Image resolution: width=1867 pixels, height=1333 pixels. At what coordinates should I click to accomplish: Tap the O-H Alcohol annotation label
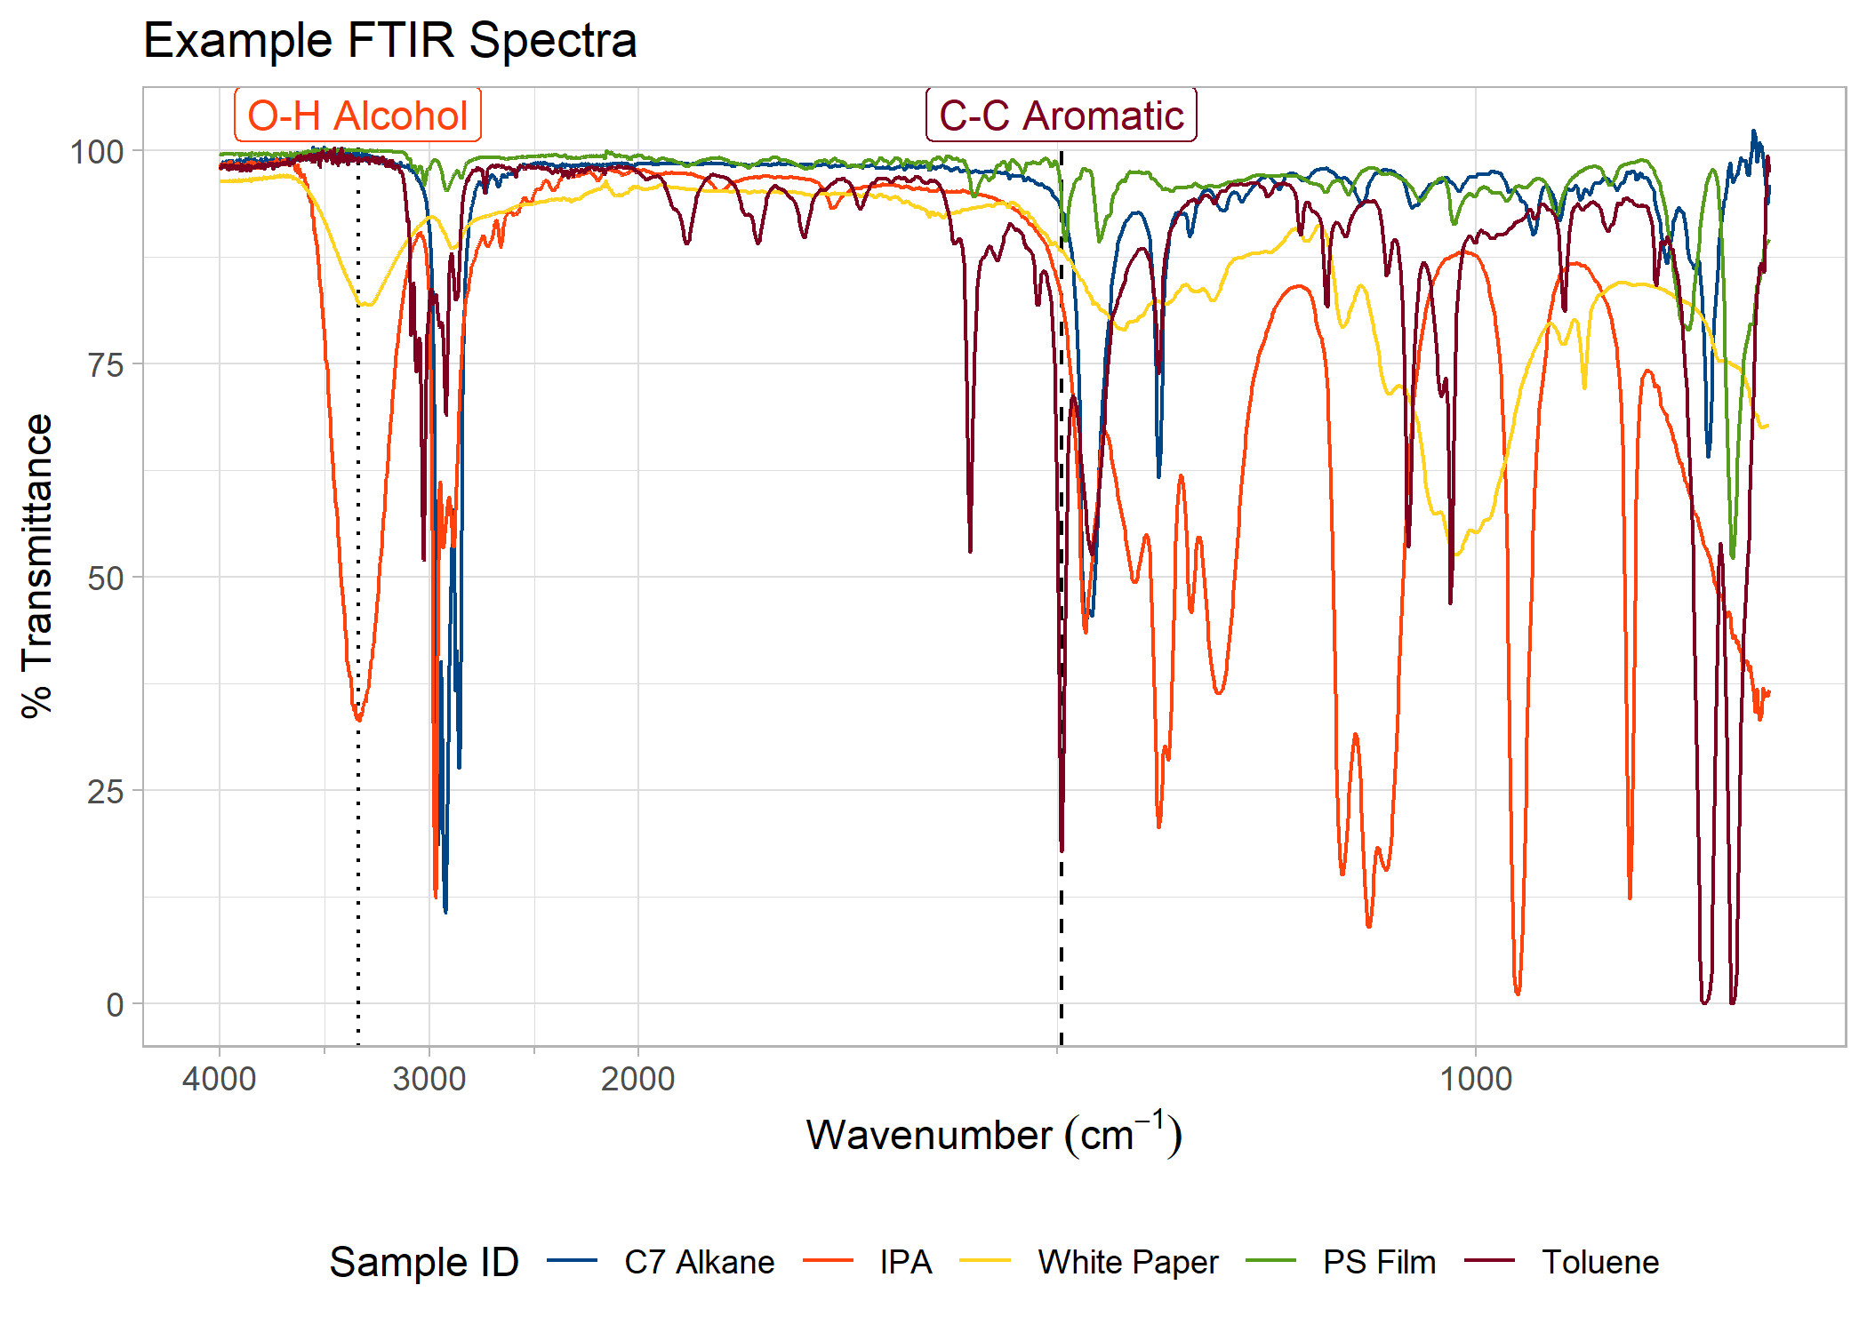(357, 116)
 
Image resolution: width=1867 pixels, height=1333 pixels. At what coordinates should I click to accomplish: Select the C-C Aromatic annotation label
(1061, 116)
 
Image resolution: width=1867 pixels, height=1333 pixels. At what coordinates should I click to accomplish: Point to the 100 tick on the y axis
(97, 152)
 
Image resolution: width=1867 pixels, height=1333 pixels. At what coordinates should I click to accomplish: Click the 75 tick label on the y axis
(105, 364)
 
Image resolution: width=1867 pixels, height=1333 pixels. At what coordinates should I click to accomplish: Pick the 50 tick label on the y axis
(105, 578)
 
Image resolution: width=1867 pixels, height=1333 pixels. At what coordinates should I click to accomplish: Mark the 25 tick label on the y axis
(105, 791)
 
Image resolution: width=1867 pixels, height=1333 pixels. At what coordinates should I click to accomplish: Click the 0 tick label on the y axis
(115, 1005)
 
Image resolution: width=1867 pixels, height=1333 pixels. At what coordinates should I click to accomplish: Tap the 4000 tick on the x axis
(219, 1079)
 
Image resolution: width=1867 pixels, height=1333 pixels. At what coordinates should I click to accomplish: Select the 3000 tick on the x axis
(429, 1079)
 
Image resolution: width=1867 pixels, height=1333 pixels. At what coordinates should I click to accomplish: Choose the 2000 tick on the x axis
(637, 1079)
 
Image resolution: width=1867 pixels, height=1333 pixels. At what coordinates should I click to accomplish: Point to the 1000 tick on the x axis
(1476, 1079)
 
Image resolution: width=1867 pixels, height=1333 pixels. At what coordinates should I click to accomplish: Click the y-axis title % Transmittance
(37, 565)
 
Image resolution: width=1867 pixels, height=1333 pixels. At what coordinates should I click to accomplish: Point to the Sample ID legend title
(424, 1262)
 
